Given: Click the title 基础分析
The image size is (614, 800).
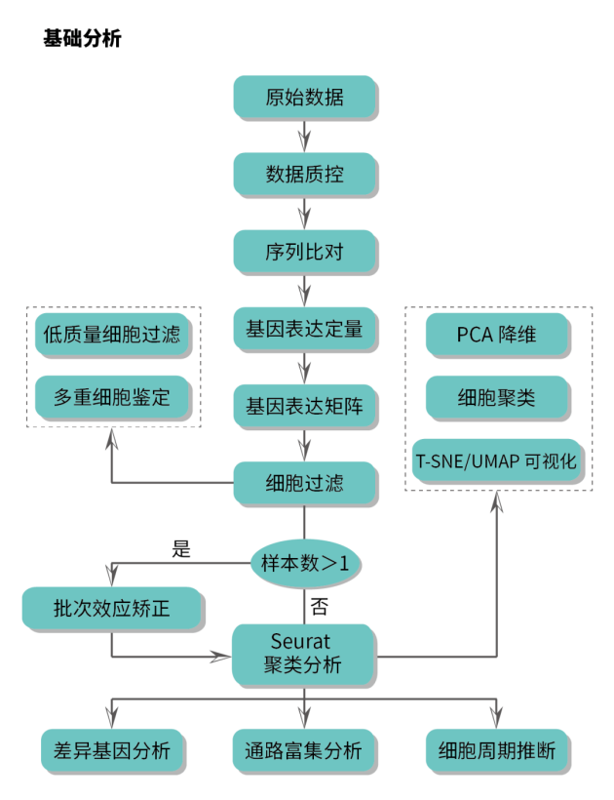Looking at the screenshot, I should pos(82,40).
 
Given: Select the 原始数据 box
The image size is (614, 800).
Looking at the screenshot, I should pos(304,97).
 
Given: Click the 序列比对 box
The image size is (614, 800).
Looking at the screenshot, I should pos(304,251).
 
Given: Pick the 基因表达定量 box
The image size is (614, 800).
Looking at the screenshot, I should pos(304,329).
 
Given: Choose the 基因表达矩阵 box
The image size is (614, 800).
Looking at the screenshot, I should pos(304,405).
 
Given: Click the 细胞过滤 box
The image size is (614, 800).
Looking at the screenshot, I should pos(304,482).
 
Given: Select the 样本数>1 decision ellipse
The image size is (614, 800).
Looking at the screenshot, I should pos(304,563).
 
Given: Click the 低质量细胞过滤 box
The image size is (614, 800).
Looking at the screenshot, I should pos(112,335).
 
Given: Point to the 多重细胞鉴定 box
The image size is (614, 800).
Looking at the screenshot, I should pos(112,397).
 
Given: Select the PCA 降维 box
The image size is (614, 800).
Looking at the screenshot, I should pos(497,335).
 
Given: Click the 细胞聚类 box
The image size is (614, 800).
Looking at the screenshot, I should pos(497,397).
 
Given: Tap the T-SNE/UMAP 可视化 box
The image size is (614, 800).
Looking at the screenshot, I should pos(497,460).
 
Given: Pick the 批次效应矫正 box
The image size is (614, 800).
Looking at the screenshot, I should pos(112,609).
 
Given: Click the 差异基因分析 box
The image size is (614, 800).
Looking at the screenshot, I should pos(112,750).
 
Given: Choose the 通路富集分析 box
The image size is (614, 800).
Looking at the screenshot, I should pos(304,750).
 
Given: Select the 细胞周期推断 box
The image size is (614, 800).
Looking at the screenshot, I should pos(497,750).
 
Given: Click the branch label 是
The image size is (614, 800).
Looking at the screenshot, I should pos(181,548).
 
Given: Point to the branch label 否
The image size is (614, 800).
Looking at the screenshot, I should pos(319,607).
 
